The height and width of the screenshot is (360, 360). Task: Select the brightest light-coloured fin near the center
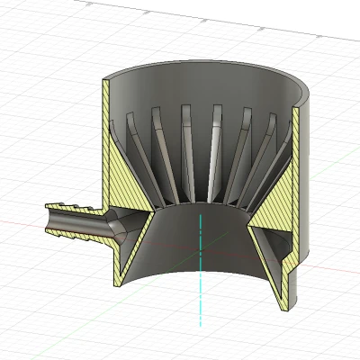(x=215, y=144)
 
